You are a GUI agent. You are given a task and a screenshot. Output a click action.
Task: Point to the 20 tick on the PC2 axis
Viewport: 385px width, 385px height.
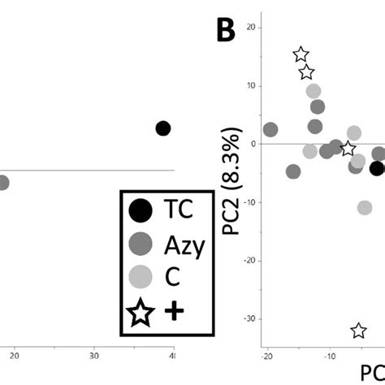[252, 27]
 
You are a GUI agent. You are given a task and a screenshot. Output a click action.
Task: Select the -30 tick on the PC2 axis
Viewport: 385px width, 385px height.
[250, 319]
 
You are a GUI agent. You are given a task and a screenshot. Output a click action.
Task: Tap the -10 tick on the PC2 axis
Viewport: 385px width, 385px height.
[250, 202]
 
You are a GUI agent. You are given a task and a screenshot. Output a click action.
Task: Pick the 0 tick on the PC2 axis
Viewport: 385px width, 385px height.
[254, 144]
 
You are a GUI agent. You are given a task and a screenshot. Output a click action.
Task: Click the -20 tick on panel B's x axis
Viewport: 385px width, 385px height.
[267, 356]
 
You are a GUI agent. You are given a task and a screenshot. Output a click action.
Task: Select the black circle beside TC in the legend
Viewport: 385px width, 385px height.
[141, 211]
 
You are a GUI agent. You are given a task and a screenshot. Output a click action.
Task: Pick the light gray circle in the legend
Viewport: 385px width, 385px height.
[141, 279]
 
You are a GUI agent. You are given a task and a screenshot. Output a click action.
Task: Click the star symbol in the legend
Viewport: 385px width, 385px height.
[141, 313]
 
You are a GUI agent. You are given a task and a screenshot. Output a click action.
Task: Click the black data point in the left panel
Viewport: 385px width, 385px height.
[162, 128]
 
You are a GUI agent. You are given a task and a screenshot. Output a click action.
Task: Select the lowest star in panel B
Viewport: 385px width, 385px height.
[358, 331]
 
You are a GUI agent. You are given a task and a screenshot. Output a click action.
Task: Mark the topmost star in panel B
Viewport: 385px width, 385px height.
[301, 54]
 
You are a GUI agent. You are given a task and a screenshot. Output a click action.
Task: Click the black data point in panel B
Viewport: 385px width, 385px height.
[377, 168]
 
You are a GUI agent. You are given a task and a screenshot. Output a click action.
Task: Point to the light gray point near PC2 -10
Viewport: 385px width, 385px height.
[365, 208]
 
